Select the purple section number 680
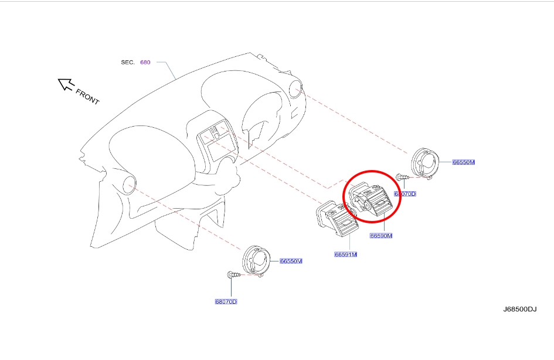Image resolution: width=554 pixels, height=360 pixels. pos(145,62)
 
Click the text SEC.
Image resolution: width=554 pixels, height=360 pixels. pos(128,62)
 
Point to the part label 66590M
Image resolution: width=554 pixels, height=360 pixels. pos(380,236)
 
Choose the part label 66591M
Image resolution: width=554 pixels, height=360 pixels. pos(345,254)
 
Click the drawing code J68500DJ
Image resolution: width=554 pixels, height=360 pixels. pos(519,309)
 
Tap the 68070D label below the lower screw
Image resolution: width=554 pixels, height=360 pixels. pos(226,301)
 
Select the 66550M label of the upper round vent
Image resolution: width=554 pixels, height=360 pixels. pos(463,162)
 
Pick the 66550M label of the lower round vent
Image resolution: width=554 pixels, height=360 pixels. pos(291,261)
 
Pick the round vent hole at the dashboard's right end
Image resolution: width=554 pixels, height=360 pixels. pos(295,89)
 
